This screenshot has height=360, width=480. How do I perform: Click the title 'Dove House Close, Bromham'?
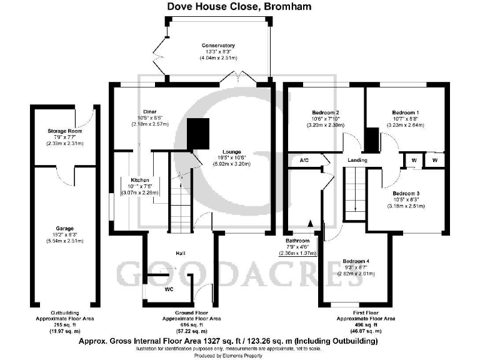click(239, 7)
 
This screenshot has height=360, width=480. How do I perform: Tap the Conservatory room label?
click(217, 46)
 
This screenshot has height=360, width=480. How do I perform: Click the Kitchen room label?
click(136, 179)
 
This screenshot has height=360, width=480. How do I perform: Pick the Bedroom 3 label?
click(406, 193)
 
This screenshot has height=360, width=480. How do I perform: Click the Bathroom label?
click(297, 241)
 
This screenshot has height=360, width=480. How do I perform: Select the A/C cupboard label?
click(305, 161)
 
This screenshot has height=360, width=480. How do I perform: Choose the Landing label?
click(358, 161)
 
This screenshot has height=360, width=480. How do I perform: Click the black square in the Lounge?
click(199, 133)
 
